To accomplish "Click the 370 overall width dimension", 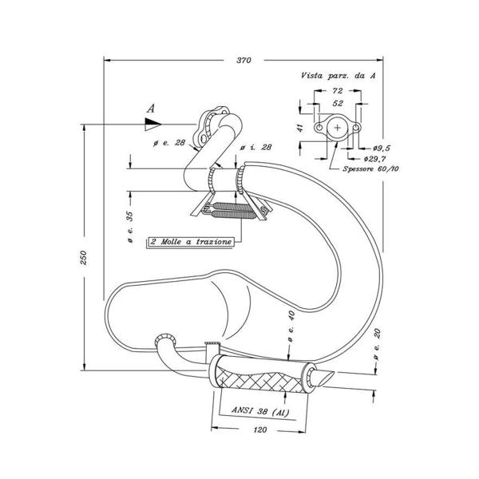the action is [x=243, y=60].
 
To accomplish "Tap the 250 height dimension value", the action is [x=83, y=258].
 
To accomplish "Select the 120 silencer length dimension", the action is [x=260, y=430].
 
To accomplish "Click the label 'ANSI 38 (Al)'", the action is [x=260, y=411].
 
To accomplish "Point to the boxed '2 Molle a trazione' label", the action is [x=191, y=242].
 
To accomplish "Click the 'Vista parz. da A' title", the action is [x=338, y=76].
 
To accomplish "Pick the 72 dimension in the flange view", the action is [x=337, y=91].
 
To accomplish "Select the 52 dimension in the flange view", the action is [x=337, y=103].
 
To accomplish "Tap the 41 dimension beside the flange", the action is [x=301, y=128].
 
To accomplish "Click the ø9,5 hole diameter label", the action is [x=382, y=148].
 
